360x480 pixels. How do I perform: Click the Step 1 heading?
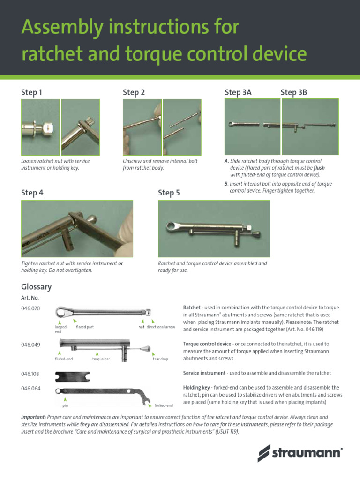31,93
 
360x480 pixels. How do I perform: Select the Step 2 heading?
134,93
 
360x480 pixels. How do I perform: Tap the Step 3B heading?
293,93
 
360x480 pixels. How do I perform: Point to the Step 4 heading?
32,192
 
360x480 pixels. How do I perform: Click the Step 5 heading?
169,193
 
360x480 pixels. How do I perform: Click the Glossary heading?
36,287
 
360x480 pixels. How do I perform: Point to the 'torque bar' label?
101,359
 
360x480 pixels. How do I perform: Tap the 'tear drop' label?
160,359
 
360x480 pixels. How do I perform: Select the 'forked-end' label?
164,405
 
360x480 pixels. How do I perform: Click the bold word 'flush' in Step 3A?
319,167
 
